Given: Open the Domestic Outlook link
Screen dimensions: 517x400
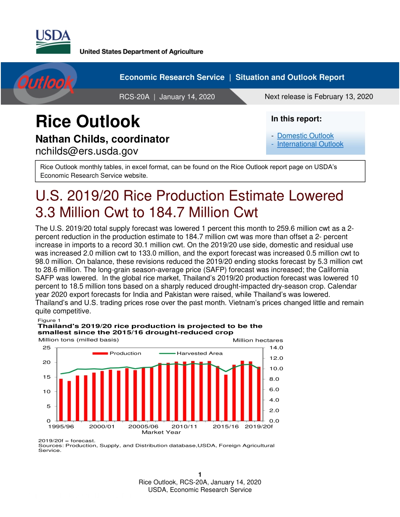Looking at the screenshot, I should point(305,136).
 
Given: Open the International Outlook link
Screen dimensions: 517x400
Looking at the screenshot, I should point(310,144).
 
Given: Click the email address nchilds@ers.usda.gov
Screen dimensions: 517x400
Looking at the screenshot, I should point(87,151).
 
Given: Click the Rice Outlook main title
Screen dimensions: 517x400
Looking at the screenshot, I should point(88,121).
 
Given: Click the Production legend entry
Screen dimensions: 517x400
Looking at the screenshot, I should point(125,353).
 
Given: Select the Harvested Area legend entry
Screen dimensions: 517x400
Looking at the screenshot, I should point(199,353).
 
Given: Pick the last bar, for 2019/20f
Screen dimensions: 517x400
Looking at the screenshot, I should point(259,393).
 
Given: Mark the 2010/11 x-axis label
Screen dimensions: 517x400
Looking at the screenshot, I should point(184,426).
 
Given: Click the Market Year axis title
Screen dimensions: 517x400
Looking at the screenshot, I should point(161,432).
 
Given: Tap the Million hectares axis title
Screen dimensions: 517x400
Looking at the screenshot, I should point(258,340).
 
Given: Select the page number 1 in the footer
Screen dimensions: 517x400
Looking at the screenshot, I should point(200,475).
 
